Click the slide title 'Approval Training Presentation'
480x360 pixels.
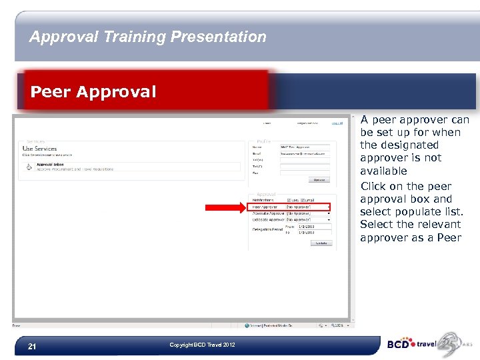147,37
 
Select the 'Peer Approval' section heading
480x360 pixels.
93,91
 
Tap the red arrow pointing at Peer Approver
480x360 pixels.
225,207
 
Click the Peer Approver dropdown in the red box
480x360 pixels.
307,207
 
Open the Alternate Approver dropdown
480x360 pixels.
307,213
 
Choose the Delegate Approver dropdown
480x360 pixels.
307,219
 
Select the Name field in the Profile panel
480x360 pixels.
305,147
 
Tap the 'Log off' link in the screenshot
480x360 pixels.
338,123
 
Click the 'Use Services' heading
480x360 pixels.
40,149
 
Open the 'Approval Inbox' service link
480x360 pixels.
45,164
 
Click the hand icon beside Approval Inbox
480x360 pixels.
29,167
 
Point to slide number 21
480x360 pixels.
31,346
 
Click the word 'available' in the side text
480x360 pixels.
383,171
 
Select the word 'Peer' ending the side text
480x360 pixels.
449,237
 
